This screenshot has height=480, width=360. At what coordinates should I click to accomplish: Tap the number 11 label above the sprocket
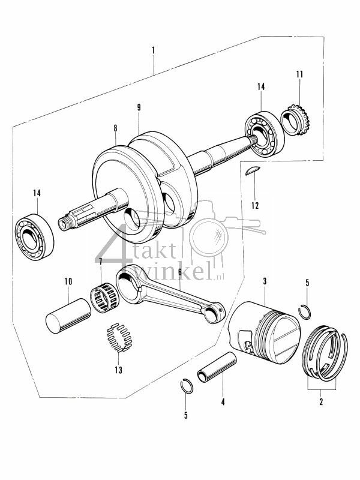[299, 74]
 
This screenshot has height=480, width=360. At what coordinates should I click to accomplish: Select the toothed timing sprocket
[295, 122]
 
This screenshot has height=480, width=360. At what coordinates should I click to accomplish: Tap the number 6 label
[179, 271]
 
